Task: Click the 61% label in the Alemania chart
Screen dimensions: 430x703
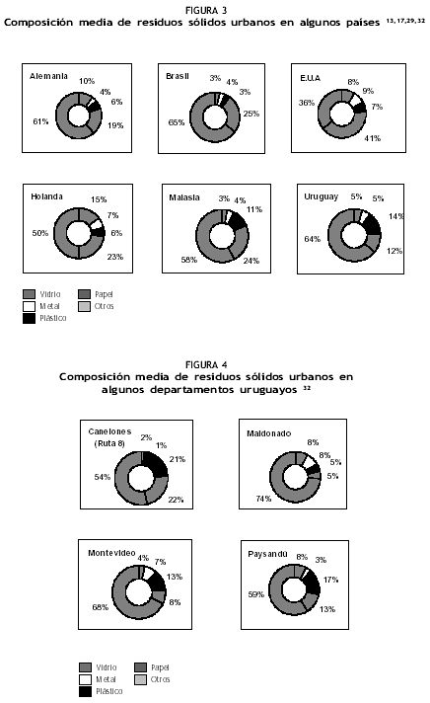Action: (x=40, y=121)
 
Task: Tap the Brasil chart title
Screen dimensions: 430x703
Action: (x=178, y=76)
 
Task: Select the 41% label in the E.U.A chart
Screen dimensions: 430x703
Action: (x=372, y=138)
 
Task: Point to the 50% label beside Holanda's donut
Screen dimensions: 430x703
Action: (x=39, y=233)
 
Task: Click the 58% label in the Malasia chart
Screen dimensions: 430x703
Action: (x=189, y=260)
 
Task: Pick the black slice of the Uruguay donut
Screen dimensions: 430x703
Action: (x=372, y=225)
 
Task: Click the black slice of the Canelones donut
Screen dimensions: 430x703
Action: (x=157, y=464)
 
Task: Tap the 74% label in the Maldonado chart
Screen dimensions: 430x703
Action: (x=263, y=499)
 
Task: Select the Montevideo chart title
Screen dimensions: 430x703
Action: (x=111, y=553)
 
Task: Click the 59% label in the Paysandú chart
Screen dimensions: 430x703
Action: (x=256, y=594)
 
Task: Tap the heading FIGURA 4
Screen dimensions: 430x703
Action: (x=206, y=365)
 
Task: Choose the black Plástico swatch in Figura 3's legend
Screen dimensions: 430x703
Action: (x=30, y=318)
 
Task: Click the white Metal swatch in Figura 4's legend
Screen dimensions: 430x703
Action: (x=85, y=679)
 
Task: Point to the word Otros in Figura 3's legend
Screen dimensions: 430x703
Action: (x=104, y=307)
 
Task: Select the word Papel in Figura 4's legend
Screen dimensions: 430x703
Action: (x=160, y=667)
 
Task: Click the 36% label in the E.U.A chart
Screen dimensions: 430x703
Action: (x=307, y=103)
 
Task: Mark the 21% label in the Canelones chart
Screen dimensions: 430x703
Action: (x=178, y=459)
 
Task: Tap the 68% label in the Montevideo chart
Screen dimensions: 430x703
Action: (x=101, y=607)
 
